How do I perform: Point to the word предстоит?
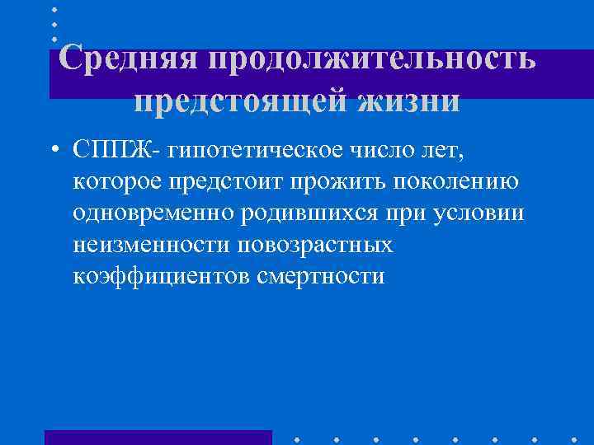tap(243, 180)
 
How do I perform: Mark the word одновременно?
tap(153, 212)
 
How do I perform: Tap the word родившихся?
tap(309, 212)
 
